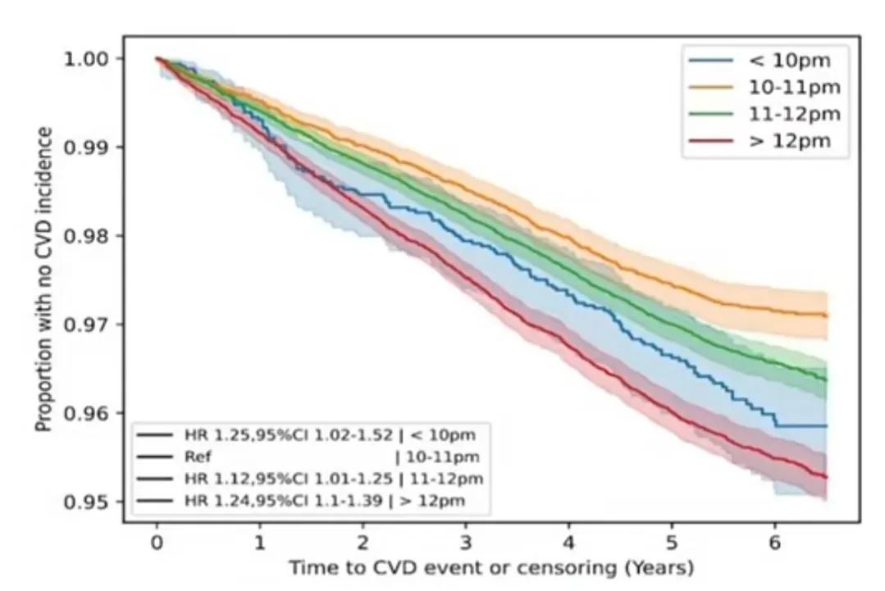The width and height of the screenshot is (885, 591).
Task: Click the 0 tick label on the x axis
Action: [x=156, y=543]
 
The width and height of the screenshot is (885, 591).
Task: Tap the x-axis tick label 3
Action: [x=465, y=543]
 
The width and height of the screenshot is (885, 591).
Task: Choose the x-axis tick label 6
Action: [x=774, y=543]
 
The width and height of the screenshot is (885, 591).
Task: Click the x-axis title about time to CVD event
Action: [x=490, y=567]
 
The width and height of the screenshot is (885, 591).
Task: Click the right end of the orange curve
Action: [x=824, y=315]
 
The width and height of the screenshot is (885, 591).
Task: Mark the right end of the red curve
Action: [x=824, y=476]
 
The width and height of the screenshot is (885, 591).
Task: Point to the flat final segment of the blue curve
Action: [x=801, y=426]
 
